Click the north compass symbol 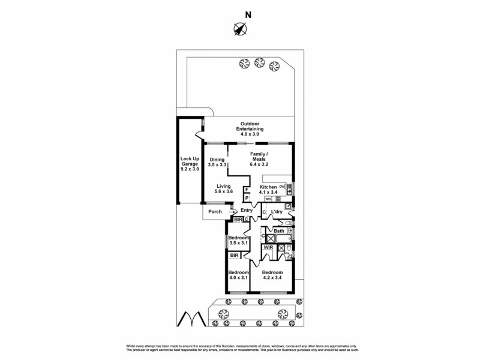(241, 28)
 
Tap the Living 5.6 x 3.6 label (224, 190)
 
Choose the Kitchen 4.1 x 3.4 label (268, 190)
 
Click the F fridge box (247, 190)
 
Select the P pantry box (247, 198)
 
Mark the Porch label (214, 211)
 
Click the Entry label (246, 211)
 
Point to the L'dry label (277, 212)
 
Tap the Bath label (279, 231)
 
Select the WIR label (268, 247)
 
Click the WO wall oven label (268, 199)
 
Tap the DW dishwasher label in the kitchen (282, 187)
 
